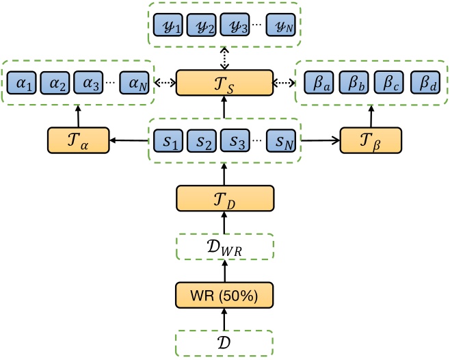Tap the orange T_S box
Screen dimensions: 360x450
225,83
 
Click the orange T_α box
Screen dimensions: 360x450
77,140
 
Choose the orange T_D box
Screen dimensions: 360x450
225,198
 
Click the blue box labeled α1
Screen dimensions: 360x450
23,83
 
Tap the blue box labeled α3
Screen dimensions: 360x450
89,83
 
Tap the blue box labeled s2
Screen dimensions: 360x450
202,140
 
